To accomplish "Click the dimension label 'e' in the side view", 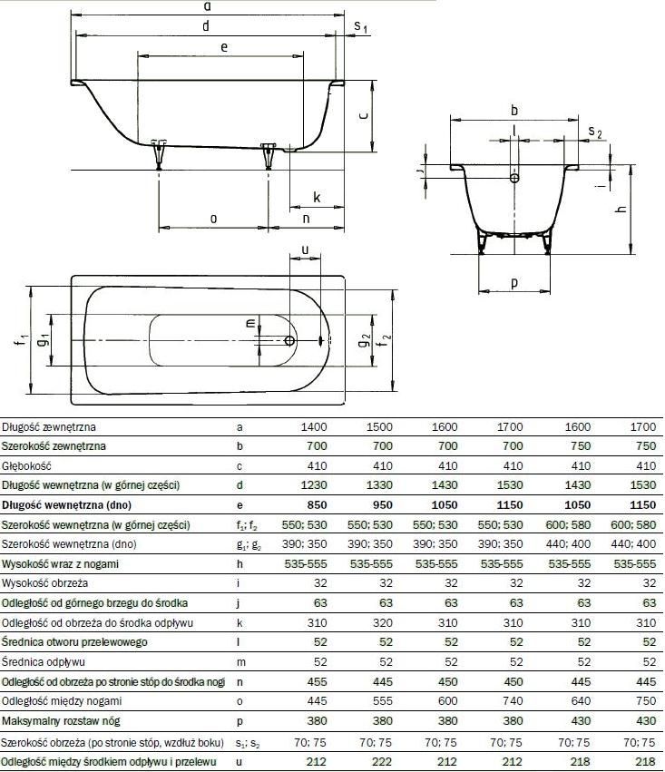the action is pyautogui.click(x=224, y=47).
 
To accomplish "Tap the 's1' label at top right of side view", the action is pyautogui.click(x=361, y=26).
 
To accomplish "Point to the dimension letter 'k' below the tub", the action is pyautogui.click(x=317, y=198).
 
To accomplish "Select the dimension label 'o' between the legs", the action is pyautogui.click(x=213, y=219).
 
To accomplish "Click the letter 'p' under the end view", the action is pyautogui.click(x=514, y=284).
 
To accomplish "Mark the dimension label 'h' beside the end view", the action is pyautogui.click(x=621, y=209).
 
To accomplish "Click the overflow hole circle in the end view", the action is pyautogui.click(x=514, y=178).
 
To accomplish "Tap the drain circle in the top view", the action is pyautogui.click(x=289, y=341).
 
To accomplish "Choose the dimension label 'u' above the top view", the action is pyautogui.click(x=305, y=249).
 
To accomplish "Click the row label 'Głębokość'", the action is pyautogui.click(x=26, y=466).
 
